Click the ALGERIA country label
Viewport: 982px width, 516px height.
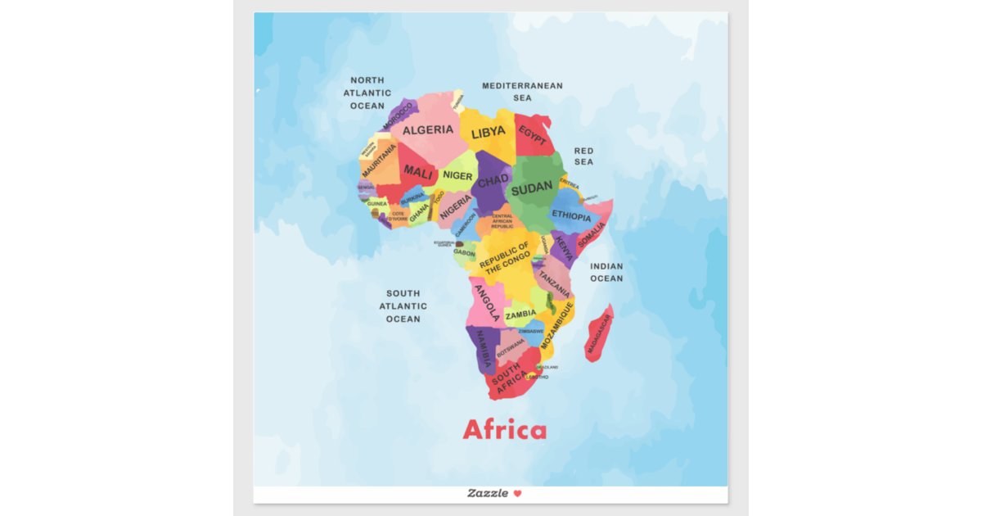[x=428, y=129]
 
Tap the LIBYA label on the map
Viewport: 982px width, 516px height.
[x=489, y=132]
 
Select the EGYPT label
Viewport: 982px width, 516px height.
[x=533, y=136]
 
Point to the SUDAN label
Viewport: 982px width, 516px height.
[x=532, y=188]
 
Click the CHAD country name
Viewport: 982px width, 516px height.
[x=493, y=180]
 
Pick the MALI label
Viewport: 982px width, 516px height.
[x=418, y=174]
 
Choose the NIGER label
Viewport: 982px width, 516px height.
[x=457, y=175]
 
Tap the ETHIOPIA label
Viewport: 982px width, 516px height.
[x=571, y=216]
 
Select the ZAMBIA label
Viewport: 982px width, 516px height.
[x=520, y=314]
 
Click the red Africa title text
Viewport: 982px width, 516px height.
[x=504, y=430]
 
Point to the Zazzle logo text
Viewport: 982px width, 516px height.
[x=488, y=493]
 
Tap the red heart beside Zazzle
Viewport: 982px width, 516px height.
[x=517, y=493]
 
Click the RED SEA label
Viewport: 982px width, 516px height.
[x=583, y=156]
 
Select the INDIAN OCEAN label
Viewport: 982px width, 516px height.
[x=606, y=272]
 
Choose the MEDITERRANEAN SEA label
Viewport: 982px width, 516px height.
[x=522, y=91]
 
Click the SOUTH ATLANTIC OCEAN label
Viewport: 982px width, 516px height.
[x=403, y=306]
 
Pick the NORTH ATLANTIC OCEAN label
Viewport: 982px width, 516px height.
[x=367, y=93]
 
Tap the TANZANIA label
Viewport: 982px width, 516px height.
[x=554, y=283]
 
